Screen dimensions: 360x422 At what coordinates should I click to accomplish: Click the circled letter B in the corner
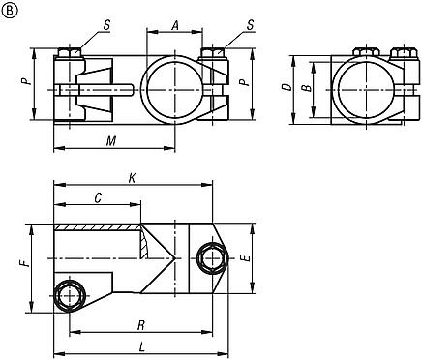9,10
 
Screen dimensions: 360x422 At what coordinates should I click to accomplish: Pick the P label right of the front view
248,84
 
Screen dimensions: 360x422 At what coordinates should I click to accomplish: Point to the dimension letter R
141,326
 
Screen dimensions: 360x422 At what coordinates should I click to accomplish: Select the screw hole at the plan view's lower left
69,295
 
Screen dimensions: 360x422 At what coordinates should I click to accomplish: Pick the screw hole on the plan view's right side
211,256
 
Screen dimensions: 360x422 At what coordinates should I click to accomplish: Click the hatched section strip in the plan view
97,228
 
